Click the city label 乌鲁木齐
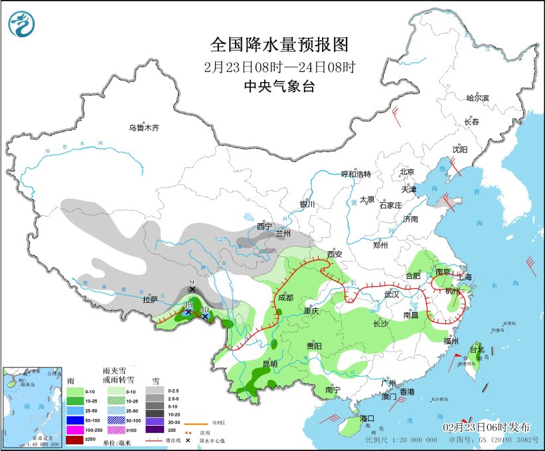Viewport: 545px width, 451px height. click(143, 128)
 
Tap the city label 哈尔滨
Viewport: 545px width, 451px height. click(477, 98)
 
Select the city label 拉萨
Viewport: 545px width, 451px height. click(150, 300)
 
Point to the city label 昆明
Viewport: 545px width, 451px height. click(270, 364)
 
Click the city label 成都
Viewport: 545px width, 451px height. click(286, 297)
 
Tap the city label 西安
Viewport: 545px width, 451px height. click(334, 254)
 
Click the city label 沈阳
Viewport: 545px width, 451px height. click(460, 149)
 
